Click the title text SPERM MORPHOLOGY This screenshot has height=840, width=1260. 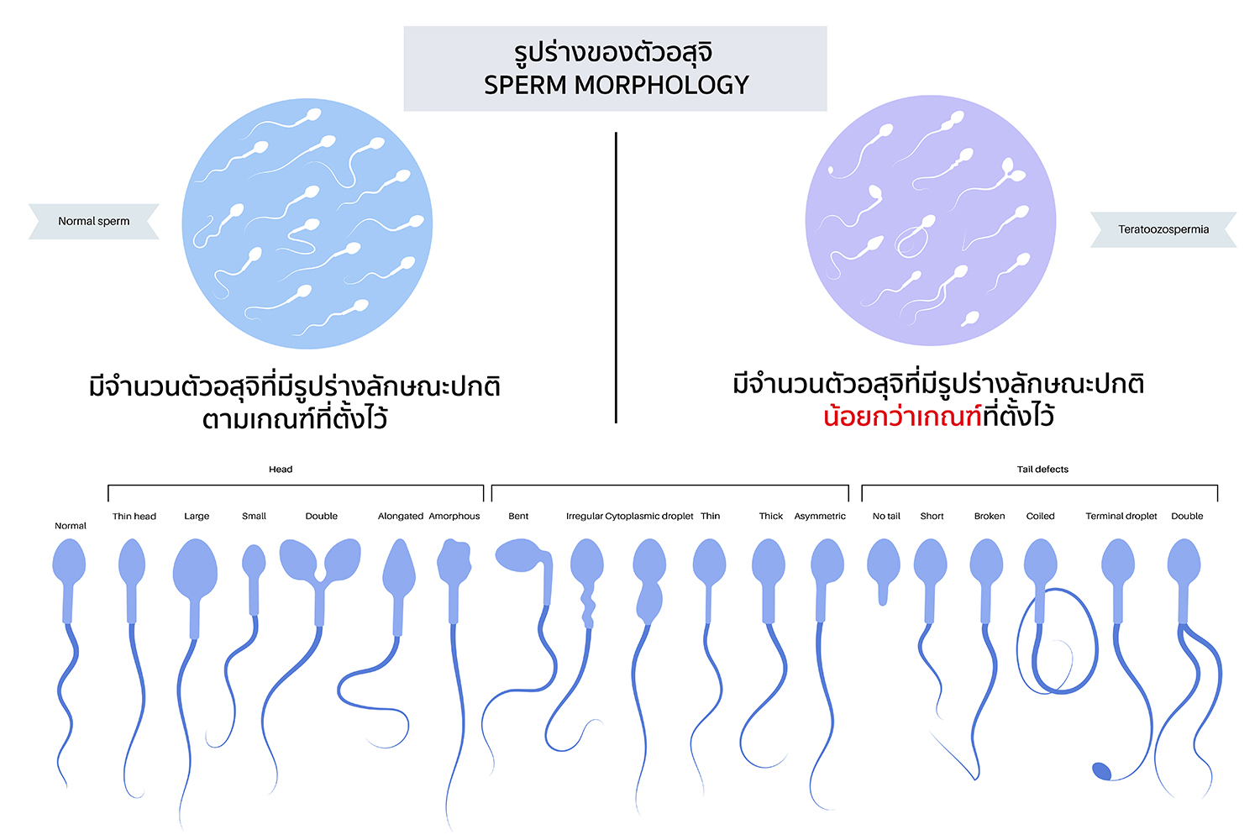[x=616, y=85]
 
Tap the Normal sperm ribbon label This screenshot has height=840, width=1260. [x=93, y=221]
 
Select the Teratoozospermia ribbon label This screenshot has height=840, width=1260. [x=1163, y=228]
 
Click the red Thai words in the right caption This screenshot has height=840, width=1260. [x=902, y=416]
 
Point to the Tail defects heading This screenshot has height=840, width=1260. [x=1042, y=469]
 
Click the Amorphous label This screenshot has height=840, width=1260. [x=454, y=516]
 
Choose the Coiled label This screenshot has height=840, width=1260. [x=1040, y=516]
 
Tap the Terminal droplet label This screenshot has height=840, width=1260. [x=1121, y=516]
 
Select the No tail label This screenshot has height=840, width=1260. [x=886, y=516]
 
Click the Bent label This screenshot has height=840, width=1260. [x=518, y=516]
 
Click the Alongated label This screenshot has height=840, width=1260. [x=401, y=516]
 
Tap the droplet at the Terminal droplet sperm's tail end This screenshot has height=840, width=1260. [x=1101, y=770]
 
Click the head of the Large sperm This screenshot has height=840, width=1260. [x=195, y=569]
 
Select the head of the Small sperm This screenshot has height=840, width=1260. [x=254, y=561]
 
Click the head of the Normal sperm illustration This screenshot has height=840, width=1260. [x=69, y=562]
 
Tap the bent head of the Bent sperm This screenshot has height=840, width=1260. [x=521, y=555]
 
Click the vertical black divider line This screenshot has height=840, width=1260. [x=616, y=277]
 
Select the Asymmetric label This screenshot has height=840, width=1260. [x=820, y=516]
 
